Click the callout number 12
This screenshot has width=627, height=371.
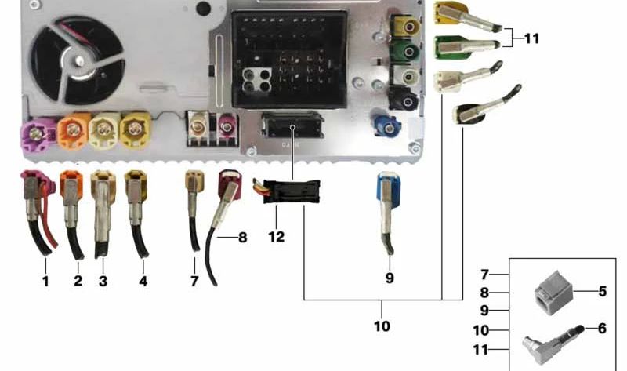point(277,237)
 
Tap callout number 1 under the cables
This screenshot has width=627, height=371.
point(45,281)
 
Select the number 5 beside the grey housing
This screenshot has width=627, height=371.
point(602,291)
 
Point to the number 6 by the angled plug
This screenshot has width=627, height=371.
point(602,328)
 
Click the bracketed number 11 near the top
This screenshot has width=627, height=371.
point(531,38)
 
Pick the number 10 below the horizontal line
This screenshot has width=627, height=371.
point(382,326)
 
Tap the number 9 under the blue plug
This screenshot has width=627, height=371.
point(390,278)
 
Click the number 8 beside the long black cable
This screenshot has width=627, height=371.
point(242,238)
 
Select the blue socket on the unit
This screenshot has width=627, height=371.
point(386,125)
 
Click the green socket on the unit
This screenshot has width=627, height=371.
point(406,51)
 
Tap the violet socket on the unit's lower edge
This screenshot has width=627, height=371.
point(37,135)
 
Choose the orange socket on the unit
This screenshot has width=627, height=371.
point(73,130)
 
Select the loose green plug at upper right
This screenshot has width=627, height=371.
point(466,47)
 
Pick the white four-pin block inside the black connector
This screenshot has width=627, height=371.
point(257,81)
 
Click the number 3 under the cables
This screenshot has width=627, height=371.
point(103,281)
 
